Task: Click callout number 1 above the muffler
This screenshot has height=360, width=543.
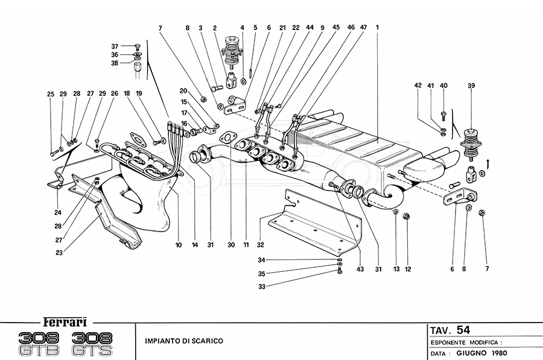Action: click(376, 27)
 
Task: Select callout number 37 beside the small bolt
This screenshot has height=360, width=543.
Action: click(115, 46)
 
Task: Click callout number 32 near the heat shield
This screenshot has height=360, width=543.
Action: click(261, 245)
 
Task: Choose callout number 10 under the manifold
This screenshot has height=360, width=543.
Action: click(178, 245)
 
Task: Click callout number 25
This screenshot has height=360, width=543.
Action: click(51, 93)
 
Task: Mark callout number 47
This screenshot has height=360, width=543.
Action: click(364, 27)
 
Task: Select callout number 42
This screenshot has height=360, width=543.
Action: click(417, 86)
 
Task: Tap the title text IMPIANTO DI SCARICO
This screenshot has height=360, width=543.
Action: click(183, 341)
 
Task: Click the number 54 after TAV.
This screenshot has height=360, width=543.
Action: click(463, 329)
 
